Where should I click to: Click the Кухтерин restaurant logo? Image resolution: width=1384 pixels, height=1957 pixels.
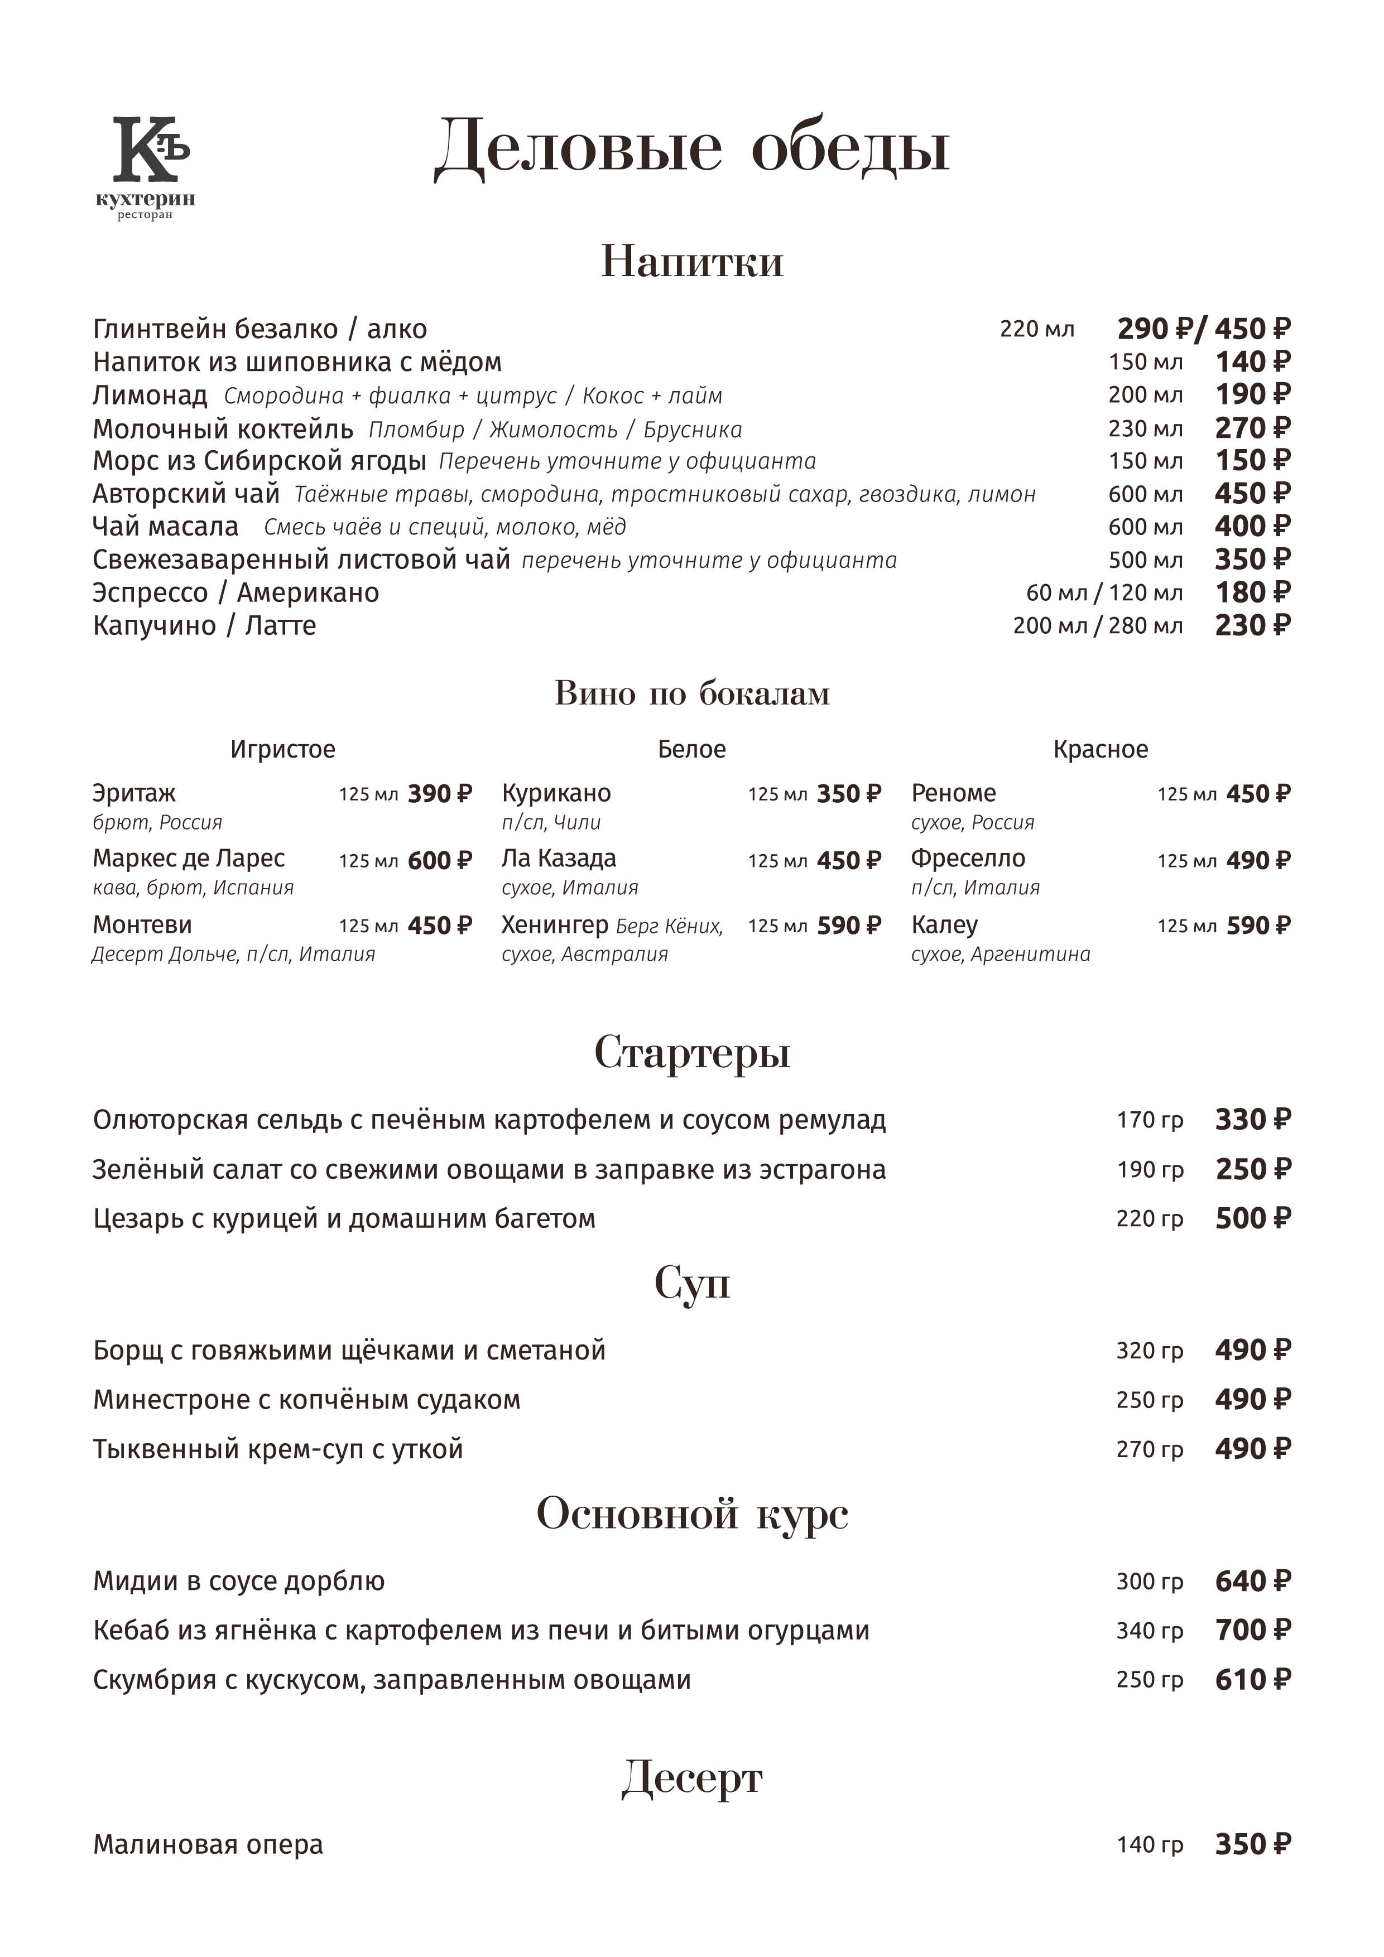coord(146,167)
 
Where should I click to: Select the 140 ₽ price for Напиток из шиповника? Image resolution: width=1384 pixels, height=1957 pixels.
coord(1252,362)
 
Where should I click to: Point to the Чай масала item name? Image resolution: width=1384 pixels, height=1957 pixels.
coord(165,527)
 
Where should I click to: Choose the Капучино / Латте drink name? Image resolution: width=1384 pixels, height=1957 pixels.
coord(205,625)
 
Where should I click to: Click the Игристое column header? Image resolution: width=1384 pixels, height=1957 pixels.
coord(282,749)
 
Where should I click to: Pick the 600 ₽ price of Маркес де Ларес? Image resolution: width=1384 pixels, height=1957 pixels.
coord(439,860)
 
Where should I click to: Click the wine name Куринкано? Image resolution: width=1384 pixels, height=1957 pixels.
coord(556,793)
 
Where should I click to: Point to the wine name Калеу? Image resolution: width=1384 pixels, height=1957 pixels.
coord(944,925)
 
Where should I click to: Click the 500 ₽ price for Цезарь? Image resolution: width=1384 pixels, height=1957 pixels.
coord(1252,1219)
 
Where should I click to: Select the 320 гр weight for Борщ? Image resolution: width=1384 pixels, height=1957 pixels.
coord(1150,1351)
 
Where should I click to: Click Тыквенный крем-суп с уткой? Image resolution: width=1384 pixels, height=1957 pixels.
coord(278,1449)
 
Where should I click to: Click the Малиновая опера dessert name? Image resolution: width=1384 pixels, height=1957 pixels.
coord(208,1845)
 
